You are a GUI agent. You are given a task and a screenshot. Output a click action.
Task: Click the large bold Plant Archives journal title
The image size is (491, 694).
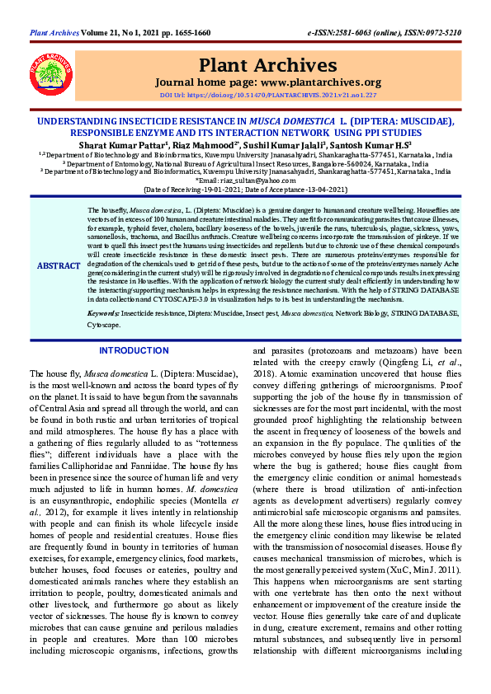point(269,66)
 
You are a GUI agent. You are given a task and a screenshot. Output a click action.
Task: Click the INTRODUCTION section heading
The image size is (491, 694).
point(134,350)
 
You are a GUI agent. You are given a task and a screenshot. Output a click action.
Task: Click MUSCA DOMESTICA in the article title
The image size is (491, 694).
point(292,121)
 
